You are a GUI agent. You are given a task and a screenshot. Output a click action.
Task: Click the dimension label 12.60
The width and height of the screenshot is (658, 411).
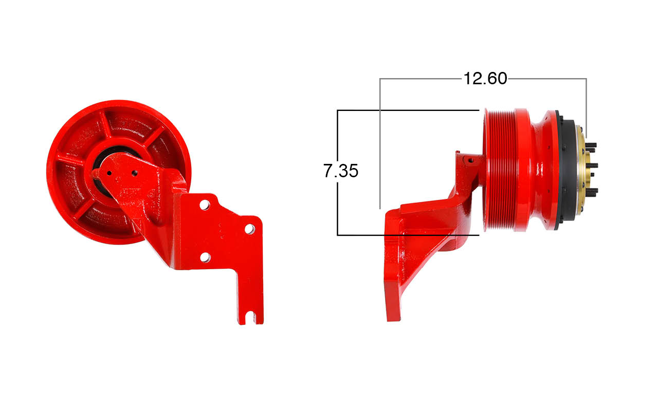[x=485, y=79]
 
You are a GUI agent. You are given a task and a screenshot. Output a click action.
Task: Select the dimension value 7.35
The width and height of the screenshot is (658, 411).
[x=341, y=171]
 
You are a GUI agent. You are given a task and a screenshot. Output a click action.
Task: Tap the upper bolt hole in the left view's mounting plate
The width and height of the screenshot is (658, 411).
[x=205, y=204]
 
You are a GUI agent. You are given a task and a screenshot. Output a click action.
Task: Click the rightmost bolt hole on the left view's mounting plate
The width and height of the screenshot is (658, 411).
[x=250, y=229]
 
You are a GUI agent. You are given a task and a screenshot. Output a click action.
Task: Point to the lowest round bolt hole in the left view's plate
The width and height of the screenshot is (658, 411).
[x=205, y=257]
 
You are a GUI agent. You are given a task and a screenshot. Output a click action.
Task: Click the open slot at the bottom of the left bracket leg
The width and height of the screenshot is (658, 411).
[x=250, y=318]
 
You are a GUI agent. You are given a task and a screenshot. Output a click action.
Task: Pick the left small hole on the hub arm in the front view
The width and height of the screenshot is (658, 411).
[x=109, y=173]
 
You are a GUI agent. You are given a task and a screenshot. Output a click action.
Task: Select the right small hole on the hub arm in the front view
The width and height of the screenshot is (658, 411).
[x=135, y=173]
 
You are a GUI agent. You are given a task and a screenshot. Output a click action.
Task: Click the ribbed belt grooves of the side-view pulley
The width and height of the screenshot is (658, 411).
[x=499, y=170]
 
